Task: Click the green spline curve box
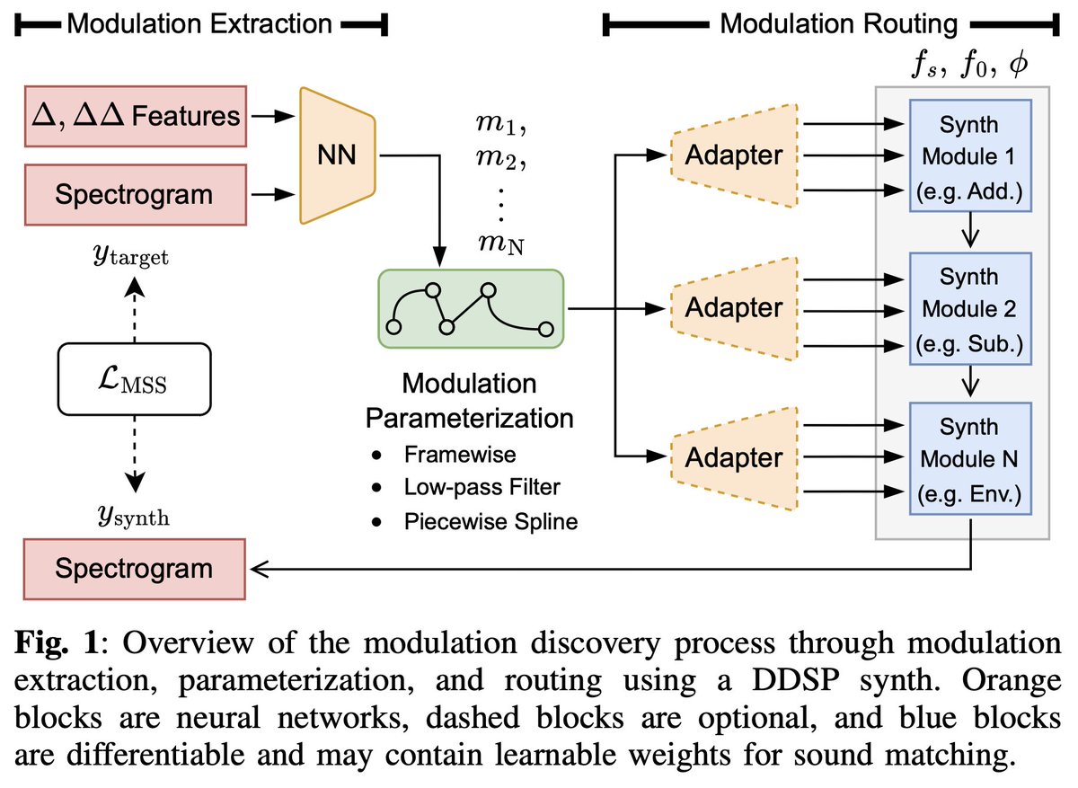coord(470,307)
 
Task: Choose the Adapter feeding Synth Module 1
coord(733,155)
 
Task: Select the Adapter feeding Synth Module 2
coord(733,307)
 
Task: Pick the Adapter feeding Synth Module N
coord(733,458)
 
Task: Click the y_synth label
coord(133,516)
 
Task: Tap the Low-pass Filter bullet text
coord(481,488)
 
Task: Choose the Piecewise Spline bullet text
coord(490,520)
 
